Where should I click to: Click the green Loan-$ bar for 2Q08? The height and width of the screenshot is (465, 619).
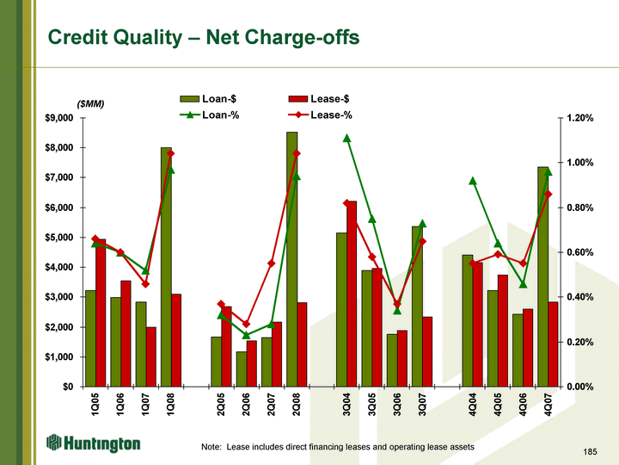(x=291, y=258)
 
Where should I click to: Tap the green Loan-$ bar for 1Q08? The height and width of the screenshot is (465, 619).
(x=166, y=266)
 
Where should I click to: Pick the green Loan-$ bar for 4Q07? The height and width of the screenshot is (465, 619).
(x=543, y=276)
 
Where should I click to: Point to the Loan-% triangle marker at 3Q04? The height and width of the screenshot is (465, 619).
(x=347, y=138)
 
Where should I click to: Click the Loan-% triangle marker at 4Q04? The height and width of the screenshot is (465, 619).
(x=473, y=181)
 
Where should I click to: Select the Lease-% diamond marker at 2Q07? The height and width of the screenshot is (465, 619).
(x=271, y=263)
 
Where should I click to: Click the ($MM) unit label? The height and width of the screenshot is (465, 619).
(x=90, y=104)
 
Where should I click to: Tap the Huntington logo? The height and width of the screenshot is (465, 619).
(x=94, y=443)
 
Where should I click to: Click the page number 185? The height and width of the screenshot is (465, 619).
(x=589, y=451)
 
